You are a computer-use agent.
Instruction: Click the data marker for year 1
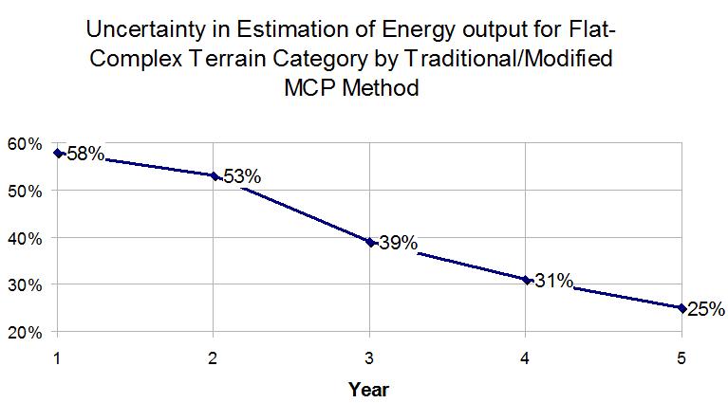tap(58, 153)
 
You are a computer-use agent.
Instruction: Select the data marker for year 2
tap(215, 175)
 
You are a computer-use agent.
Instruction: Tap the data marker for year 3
tap(370, 242)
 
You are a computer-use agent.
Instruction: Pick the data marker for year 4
tap(526, 280)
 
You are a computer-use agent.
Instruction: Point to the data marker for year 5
tap(681, 307)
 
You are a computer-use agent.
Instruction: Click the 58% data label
tap(85, 154)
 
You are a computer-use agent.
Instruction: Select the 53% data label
tap(242, 176)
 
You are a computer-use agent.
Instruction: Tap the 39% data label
tap(398, 243)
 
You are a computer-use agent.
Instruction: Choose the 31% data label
tap(553, 281)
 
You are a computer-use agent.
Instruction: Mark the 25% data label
tap(706, 309)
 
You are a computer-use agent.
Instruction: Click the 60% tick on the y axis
tap(24, 143)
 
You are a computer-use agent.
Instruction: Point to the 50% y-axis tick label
tap(24, 191)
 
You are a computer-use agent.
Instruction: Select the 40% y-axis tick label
tap(24, 238)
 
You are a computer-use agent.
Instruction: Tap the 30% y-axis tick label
tap(24, 284)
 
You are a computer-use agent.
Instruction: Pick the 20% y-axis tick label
tap(24, 332)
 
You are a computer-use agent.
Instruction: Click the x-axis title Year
tap(368, 389)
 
